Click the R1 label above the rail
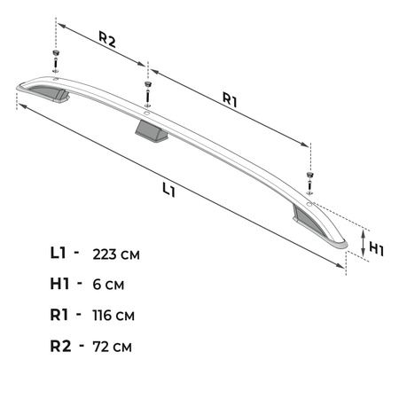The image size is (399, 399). (229, 101)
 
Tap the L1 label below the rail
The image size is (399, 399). (168, 188)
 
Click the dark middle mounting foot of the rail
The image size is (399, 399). (151, 133)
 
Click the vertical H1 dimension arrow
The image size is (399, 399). (364, 241)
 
